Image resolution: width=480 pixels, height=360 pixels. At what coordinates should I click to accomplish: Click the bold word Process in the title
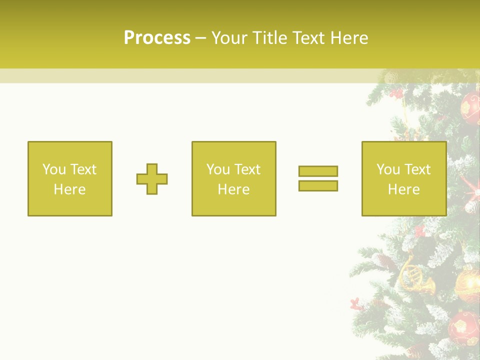click(x=157, y=38)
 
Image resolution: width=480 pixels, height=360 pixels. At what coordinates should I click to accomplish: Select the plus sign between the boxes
click(x=152, y=179)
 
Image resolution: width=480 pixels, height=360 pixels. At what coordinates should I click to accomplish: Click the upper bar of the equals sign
click(x=318, y=171)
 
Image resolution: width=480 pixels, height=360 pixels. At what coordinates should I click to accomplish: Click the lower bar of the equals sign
click(x=318, y=185)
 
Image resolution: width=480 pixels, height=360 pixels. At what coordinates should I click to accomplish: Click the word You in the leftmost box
click(x=54, y=169)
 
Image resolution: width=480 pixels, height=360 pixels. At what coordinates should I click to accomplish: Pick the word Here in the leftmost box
click(x=69, y=189)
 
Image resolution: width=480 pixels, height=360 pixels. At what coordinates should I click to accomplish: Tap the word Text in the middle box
click(x=247, y=169)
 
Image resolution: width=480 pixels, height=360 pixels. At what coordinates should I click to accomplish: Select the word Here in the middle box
click(x=233, y=189)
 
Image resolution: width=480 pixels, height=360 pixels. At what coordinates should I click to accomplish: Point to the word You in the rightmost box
click(x=388, y=169)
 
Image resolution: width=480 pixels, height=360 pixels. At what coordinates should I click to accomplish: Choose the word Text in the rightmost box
click(x=417, y=169)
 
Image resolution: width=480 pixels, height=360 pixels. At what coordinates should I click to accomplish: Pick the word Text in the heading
click(x=307, y=38)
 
